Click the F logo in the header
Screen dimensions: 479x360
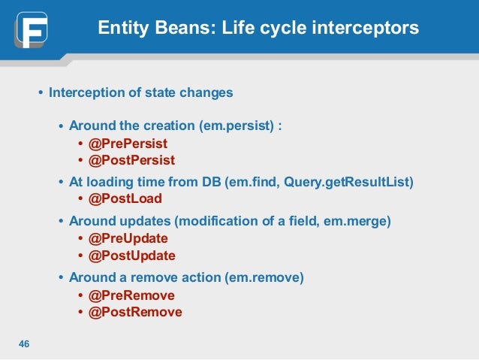tap(31, 29)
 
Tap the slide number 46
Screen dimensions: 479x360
tap(24, 343)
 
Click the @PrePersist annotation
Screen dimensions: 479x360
tap(128, 144)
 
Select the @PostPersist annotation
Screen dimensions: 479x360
tap(131, 160)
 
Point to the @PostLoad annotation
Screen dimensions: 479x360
tap(125, 198)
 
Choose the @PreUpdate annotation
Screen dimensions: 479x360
tap(128, 238)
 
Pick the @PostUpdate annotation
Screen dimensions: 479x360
tap(132, 256)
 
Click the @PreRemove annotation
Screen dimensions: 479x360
tap(131, 295)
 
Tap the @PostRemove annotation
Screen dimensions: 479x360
tap(135, 313)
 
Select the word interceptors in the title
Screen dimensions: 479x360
tap(366, 28)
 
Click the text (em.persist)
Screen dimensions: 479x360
tap(236, 126)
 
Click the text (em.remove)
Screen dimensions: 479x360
tap(264, 278)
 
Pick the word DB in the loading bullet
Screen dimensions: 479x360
tap(212, 182)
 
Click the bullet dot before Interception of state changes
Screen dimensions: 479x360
tap(41, 92)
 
